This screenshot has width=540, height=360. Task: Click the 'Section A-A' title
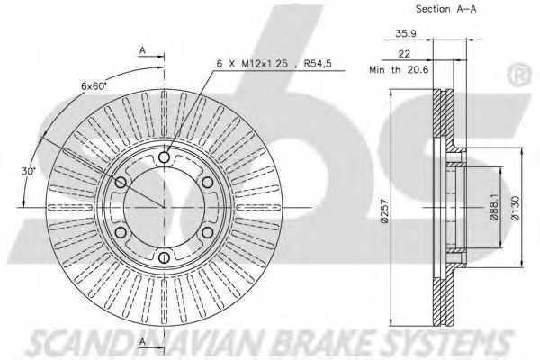coord(446,9)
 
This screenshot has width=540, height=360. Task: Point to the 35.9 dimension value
coord(406,33)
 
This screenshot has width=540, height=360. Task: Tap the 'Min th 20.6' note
coord(399,70)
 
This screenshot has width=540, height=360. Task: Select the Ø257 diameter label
coord(384,211)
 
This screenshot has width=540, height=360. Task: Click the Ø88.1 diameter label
coord(494,207)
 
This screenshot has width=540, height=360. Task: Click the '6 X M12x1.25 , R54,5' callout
coord(274,63)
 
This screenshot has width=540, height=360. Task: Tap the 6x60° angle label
coord(94,86)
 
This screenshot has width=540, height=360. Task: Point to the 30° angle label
coord(28,171)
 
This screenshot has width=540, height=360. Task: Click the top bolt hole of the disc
coord(165,157)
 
